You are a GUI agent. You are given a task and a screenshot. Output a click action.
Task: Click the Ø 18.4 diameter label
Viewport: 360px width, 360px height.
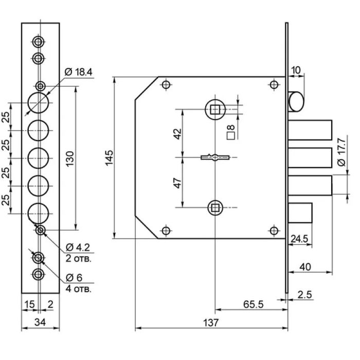pyautogui.click(x=78, y=72)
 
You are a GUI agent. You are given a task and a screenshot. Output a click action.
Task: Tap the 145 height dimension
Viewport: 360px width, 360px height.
pyautogui.click(x=109, y=157)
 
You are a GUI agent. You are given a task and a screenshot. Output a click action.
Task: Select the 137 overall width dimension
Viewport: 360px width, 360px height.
pyautogui.click(x=211, y=322)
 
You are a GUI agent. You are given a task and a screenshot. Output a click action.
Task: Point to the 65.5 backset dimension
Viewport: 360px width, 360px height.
pyautogui.click(x=253, y=304)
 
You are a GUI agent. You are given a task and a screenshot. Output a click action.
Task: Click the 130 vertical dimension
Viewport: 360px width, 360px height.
pyautogui.click(x=70, y=158)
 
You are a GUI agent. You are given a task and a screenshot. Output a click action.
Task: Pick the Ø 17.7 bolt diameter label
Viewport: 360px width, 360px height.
pyautogui.click(x=341, y=152)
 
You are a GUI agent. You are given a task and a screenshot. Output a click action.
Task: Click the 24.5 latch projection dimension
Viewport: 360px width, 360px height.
pyautogui.click(x=299, y=239)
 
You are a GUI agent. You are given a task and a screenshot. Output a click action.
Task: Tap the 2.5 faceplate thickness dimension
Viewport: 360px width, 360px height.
pyautogui.click(x=304, y=295)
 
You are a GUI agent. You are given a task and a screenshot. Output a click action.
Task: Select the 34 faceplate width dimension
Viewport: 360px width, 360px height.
pyautogui.click(x=40, y=322)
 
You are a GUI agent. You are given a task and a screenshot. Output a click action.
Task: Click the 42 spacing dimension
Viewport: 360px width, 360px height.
pyautogui.click(x=178, y=134)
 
